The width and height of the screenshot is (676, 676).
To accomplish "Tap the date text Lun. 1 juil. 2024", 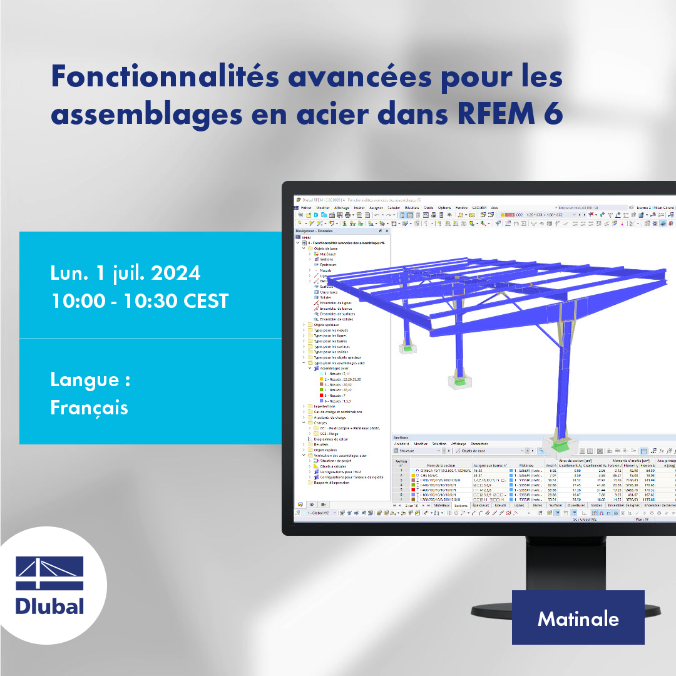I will pos(125,274).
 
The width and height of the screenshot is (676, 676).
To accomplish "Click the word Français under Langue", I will pos(89,407).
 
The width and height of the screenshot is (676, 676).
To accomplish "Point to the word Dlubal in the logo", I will pos(49,605).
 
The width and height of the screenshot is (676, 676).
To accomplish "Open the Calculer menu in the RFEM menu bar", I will pos(394,207).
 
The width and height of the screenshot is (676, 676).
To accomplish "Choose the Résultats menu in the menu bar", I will pos(411,207).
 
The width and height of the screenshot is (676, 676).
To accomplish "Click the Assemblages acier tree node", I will pos(334,369).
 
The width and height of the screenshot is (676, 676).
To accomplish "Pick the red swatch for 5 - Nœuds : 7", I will pos(321,396).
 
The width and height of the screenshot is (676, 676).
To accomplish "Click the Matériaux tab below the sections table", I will pos(442,505).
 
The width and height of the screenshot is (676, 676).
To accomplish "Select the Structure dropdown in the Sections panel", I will pos(416,450).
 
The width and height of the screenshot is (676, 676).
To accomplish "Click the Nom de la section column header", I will pos(442,465).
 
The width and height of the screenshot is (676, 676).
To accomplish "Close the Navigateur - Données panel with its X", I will pos(386,231).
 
